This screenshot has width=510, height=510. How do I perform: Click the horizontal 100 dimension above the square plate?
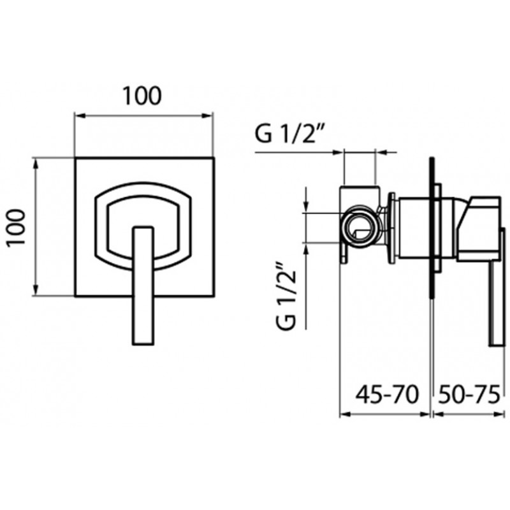click(142, 96)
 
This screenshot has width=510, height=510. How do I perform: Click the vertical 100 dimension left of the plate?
click(17, 228)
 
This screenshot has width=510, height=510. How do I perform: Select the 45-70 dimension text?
click(387, 395)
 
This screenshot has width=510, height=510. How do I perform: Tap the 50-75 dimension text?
click(469, 395)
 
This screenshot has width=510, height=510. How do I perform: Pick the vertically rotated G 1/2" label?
click(287, 295)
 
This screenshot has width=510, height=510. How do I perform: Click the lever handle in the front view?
click(143, 286)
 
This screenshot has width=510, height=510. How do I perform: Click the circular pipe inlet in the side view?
click(360, 228)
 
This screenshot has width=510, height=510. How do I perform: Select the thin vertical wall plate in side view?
click(432, 228)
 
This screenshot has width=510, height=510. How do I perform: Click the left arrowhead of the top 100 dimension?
click(80, 115)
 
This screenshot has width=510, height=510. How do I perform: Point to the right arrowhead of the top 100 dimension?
click(208, 115)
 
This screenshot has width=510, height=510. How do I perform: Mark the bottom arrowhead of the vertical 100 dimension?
click(36, 290)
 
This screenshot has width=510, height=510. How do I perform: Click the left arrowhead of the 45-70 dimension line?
click(344, 414)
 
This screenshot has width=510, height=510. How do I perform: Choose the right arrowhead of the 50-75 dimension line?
click(499, 414)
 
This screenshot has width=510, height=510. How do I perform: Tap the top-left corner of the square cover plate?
click(75, 158)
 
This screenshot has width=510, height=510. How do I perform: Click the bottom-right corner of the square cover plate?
click(214, 296)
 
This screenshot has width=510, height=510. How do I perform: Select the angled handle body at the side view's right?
click(478, 228)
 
